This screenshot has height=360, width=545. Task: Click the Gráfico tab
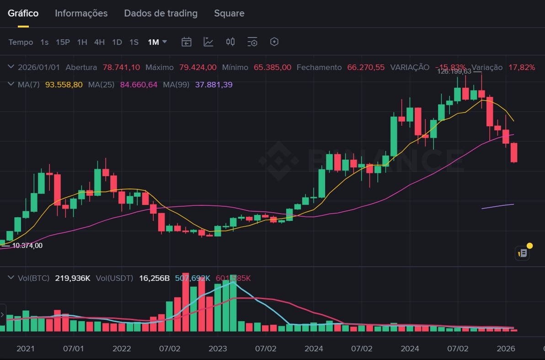(23, 13)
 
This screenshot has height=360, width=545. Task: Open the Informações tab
(81, 13)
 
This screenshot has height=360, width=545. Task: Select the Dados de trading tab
(160, 13)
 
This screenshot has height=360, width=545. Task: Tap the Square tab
(229, 13)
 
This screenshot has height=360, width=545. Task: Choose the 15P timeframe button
(63, 42)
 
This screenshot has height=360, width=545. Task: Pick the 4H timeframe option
(99, 42)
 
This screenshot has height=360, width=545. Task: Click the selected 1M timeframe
(153, 42)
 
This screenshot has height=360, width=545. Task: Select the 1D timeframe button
(117, 42)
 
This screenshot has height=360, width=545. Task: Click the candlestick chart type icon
(230, 42)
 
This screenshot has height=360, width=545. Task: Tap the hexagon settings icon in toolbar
(274, 42)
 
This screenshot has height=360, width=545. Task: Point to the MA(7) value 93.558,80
(64, 85)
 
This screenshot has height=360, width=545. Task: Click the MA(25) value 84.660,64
(139, 85)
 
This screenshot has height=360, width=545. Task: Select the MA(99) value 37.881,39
(214, 85)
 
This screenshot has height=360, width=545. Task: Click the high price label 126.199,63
(454, 71)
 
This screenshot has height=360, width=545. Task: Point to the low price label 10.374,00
(27, 246)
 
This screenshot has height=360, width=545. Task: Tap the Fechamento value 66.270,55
(366, 67)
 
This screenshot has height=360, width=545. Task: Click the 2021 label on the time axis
(26, 349)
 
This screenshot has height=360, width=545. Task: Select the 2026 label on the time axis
(505, 349)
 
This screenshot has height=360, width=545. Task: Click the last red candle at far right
(514, 153)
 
